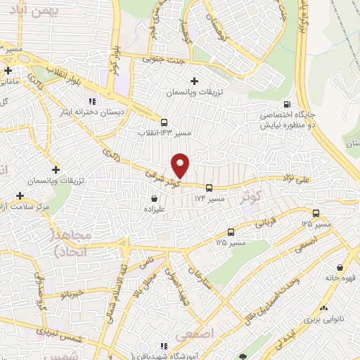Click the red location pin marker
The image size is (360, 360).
point(181,165)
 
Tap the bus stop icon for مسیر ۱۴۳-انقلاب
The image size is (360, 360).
point(164,120)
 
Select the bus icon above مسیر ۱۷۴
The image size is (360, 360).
point(209,187)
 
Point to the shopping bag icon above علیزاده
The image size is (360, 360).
point(153,198)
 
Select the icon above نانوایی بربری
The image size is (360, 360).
point(324,308)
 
